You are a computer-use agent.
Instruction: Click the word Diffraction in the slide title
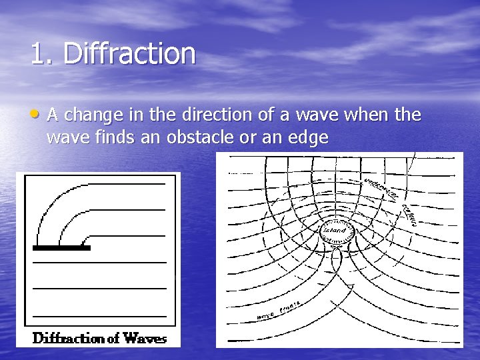[129, 54]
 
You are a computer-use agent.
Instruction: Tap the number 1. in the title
[42, 54]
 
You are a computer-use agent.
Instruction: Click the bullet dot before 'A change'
[37, 115]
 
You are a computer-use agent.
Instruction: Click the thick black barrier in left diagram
[61, 248]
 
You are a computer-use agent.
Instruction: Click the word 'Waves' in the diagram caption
[144, 338]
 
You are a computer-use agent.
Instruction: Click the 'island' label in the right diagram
[334, 231]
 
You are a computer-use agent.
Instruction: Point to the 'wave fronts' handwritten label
[279, 311]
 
